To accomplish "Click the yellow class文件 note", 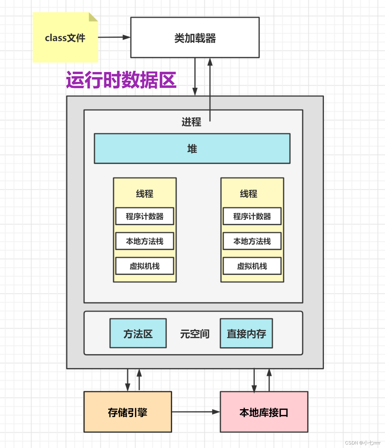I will pos(65,38).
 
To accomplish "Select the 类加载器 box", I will pos(195,38).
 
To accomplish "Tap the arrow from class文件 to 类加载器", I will pos(114,37).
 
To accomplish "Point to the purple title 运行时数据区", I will pos(121,80).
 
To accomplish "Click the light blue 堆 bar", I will pos(192,149).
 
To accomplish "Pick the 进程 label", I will pos(191,122).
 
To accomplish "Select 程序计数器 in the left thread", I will pos(145,216).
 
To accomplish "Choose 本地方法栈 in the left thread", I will pos(145,241).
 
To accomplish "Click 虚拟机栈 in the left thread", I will pos(145,266).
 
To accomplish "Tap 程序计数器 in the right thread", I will pos(252,216).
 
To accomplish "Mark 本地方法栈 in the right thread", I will pos(252,241).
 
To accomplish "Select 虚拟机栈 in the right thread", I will pos(252,266).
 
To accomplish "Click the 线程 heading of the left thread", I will pos(145,194).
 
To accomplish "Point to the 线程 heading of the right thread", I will pos(248,194).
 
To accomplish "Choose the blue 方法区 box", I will pos(138,333).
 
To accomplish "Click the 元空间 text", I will pos(195,334).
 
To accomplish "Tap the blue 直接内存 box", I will pos(246,333).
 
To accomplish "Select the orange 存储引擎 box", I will pos(128,412).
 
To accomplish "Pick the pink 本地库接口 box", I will pos(264,412).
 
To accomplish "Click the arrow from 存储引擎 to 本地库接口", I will pos(196,412).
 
